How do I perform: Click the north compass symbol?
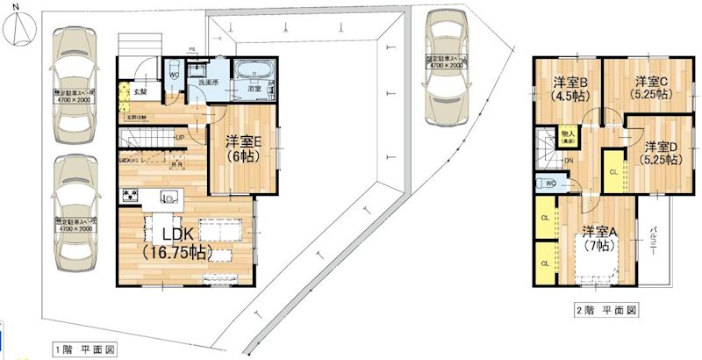click(20, 25)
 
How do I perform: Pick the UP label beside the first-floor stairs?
click(179, 138)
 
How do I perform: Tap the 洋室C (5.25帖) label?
click(653, 89)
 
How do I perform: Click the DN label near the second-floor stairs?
click(569, 161)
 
